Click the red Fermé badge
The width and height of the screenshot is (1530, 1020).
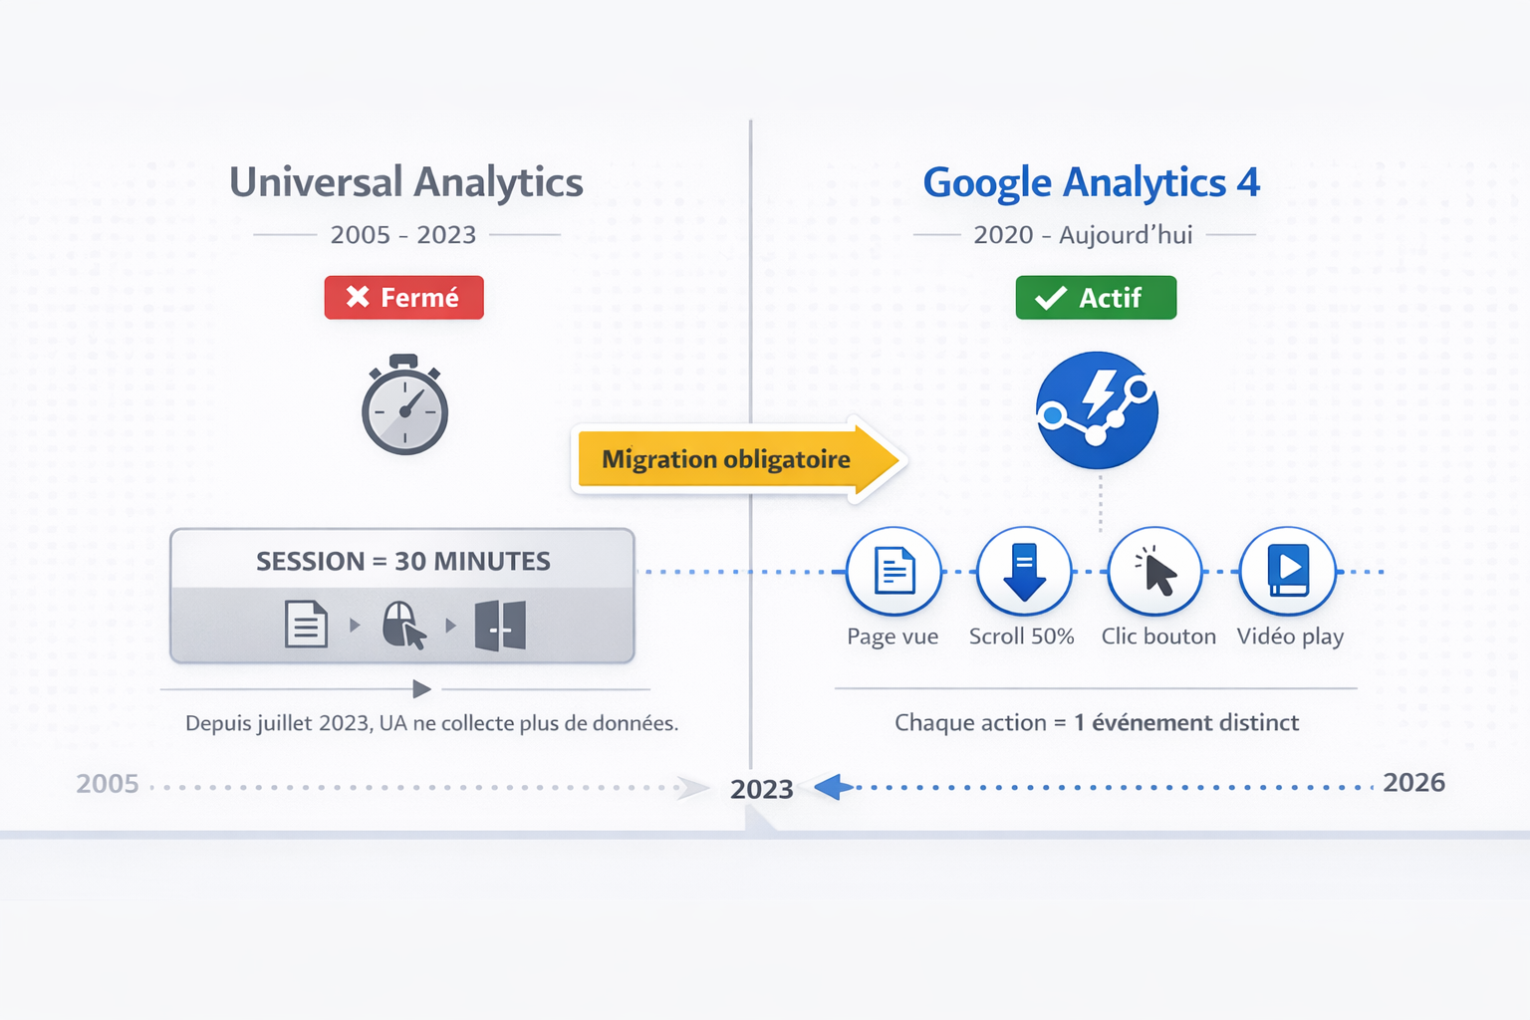click(x=403, y=297)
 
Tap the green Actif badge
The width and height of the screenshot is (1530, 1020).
click(x=1096, y=297)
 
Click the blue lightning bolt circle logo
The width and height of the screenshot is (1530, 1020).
click(x=1097, y=410)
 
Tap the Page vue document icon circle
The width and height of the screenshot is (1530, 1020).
click(x=893, y=571)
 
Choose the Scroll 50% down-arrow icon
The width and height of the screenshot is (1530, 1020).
click(x=1024, y=571)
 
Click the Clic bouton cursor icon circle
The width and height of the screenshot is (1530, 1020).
click(x=1155, y=571)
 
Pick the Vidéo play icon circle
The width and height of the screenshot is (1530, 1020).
click(x=1288, y=571)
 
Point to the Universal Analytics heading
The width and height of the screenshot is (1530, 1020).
click(x=405, y=182)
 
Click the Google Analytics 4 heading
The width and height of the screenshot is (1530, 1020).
click(x=1091, y=182)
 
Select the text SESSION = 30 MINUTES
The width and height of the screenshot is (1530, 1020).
click(x=403, y=561)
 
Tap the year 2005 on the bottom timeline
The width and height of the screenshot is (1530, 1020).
click(x=108, y=784)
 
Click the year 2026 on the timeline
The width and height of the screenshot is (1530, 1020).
click(x=1413, y=782)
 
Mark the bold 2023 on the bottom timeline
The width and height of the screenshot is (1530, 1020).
click(x=762, y=789)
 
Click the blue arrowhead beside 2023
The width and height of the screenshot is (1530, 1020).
click(x=834, y=787)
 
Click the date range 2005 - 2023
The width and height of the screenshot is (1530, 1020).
click(x=403, y=234)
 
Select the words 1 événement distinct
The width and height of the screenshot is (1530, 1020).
click(x=1186, y=722)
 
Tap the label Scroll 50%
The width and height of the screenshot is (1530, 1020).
click(x=1022, y=637)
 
